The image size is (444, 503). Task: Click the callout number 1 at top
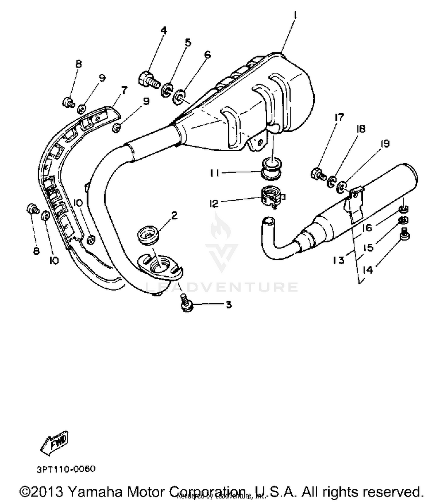(295, 15)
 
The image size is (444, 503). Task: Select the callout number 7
(124, 90)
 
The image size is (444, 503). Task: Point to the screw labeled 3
(186, 303)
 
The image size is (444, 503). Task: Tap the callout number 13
(339, 260)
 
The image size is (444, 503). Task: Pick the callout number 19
(385, 144)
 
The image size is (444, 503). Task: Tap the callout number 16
(367, 228)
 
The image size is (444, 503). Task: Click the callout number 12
(214, 204)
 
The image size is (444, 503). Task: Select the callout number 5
(188, 43)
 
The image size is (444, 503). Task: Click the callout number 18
(361, 129)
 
